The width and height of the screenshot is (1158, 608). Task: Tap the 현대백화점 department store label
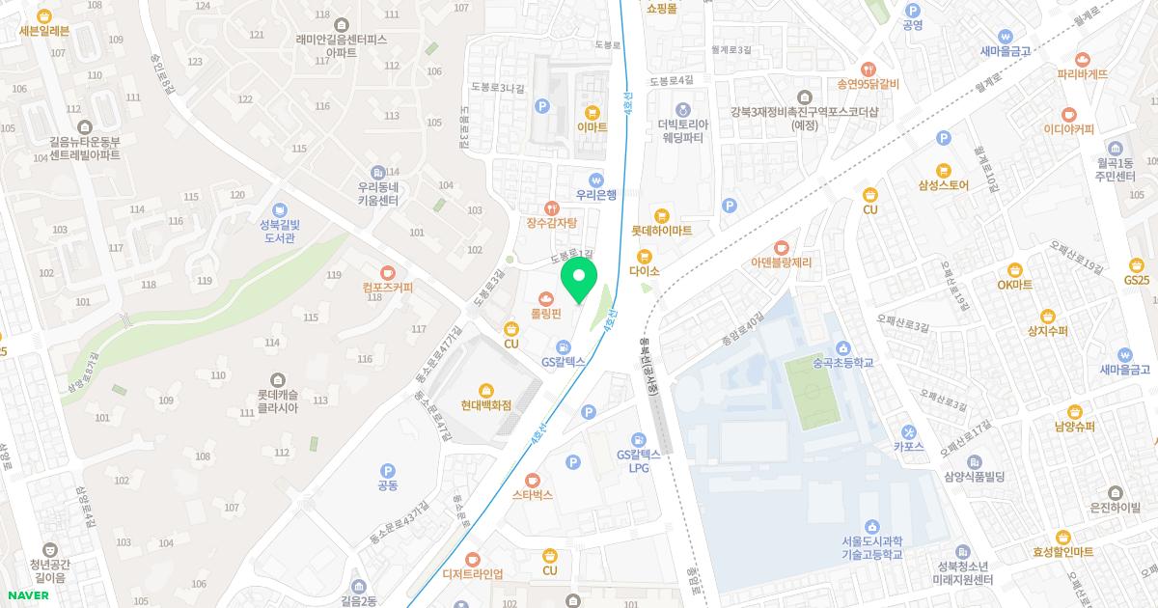(x=485, y=405)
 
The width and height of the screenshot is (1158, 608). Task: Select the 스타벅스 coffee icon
(x=532, y=480)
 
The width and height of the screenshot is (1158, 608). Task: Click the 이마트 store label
(x=592, y=126)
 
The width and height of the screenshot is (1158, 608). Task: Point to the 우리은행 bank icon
(x=595, y=179)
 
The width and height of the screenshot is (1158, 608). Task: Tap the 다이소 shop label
(x=644, y=271)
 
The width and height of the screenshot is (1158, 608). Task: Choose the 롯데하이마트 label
(x=661, y=231)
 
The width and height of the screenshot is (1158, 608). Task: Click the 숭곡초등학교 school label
(x=842, y=363)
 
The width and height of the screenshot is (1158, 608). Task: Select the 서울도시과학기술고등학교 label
(x=871, y=547)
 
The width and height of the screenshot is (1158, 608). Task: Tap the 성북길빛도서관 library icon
(x=279, y=209)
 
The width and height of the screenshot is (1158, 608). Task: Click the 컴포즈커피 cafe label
(x=388, y=288)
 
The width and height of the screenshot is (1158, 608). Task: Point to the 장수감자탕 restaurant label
(x=551, y=223)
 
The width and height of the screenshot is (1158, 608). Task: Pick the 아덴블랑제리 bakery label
(x=782, y=263)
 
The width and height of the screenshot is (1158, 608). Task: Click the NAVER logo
(x=25, y=595)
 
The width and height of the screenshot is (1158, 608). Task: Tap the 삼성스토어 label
(x=943, y=184)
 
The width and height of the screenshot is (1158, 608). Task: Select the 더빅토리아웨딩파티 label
(x=683, y=130)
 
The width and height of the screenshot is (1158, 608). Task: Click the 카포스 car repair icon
(x=909, y=430)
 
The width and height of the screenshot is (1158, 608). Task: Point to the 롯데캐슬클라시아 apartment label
(x=278, y=401)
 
